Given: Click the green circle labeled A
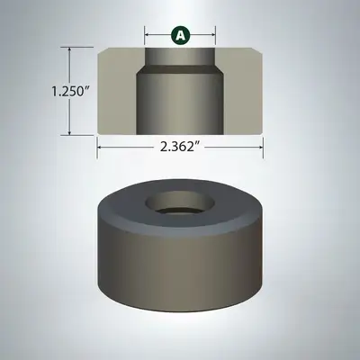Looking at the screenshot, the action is pyautogui.click(x=180, y=35).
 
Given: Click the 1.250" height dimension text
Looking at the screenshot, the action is pyautogui.click(x=67, y=91).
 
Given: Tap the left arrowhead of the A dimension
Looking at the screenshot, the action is pyautogui.click(x=147, y=34).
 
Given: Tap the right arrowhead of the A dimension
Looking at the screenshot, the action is pyautogui.click(x=213, y=34).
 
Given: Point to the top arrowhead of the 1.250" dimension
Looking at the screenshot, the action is pyautogui.click(x=70, y=49).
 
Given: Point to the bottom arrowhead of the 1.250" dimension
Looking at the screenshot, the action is pyautogui.click(x=70, y=132).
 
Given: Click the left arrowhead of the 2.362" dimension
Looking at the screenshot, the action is pyautogui.click(x=99, y=148).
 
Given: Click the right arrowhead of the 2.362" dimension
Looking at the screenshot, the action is pyautogui.click(x=261, y=148).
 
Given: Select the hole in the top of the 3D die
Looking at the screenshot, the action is pyautogui.click(x=180, y=203).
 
